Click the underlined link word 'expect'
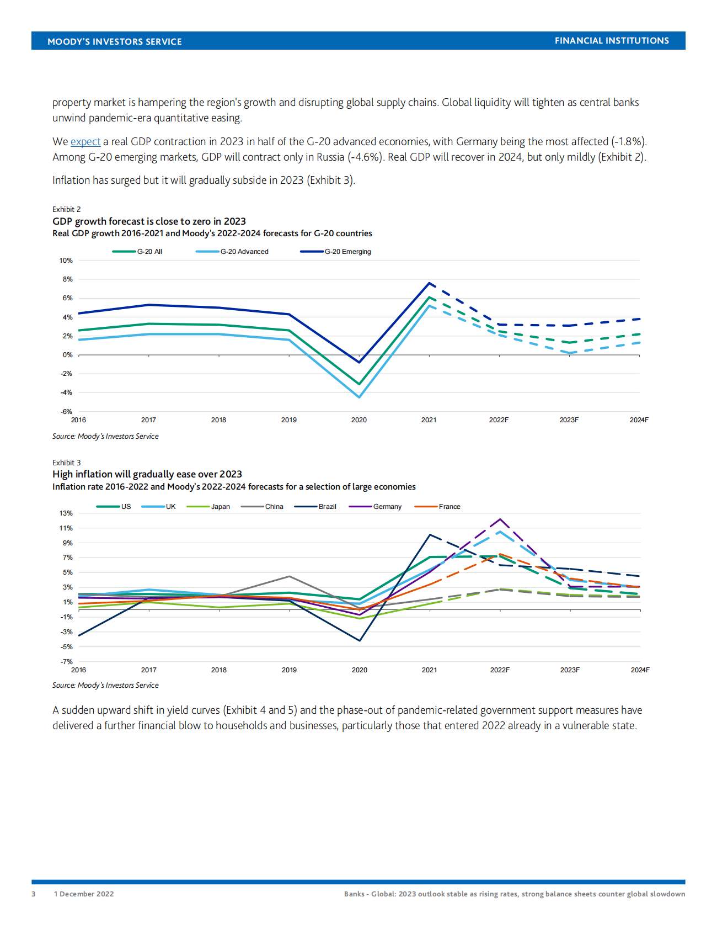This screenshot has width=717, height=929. pos(85,142)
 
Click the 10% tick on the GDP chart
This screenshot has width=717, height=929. pos(66,261)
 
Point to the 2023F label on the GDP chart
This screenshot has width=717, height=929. pos(569,420)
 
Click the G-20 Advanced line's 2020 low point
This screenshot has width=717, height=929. pos(360,397)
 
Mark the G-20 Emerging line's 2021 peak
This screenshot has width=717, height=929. pos(429,283)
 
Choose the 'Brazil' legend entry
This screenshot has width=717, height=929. pos(327,507)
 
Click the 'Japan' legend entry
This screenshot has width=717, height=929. pos(220,507)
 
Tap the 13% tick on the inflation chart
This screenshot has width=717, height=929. pos(66,513)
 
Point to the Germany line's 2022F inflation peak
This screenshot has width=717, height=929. pos(500,519)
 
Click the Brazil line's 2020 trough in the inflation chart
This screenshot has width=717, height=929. pos(360,640)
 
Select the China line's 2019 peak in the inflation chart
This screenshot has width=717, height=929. pos(290,576)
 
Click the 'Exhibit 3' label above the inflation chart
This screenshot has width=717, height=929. pos(67,463)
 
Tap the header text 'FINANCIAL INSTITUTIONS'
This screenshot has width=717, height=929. pos(612,41)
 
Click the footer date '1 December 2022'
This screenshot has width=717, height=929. pos(84,894)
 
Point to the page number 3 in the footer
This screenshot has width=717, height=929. pos(34,894)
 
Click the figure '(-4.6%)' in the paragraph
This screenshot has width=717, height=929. pos(365,157)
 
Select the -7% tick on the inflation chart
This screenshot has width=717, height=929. pos(66,661)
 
